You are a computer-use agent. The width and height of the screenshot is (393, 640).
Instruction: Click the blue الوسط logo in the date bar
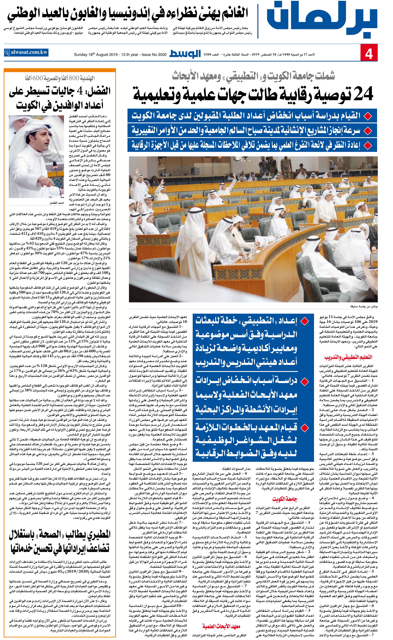(x=185, y=54)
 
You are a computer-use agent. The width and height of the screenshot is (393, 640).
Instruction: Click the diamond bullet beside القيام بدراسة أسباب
(x=367, y=116)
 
